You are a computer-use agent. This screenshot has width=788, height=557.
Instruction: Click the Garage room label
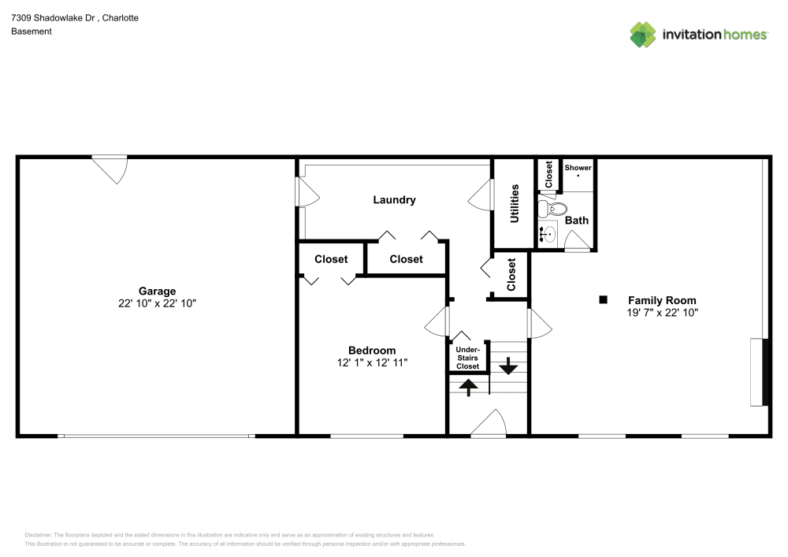(157, 291)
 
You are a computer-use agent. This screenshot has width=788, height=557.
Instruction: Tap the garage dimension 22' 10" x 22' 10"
(157, 303)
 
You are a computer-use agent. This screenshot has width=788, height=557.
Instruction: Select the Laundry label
(394, 200)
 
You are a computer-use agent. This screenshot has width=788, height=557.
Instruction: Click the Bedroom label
(372, 351)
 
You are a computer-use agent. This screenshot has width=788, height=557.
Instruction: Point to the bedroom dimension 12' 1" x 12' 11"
(372, 363)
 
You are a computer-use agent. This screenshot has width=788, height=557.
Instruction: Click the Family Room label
(661, 300)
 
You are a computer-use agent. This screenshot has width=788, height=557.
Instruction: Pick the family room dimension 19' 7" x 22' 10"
(661, 313)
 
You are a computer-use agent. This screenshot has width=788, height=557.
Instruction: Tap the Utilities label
(515, 203)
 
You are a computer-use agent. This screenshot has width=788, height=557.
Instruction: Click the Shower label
(578, 168)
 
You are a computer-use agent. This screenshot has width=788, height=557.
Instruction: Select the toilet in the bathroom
(552, 209)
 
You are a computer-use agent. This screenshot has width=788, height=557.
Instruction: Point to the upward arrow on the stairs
(468, 386)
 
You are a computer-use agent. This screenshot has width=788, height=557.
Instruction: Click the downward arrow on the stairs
(507, 366)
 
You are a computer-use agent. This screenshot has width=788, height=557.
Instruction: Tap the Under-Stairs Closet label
(467, 358)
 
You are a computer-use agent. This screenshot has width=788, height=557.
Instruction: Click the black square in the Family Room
(604, 299)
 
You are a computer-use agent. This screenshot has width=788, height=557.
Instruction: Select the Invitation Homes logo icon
(643, 34)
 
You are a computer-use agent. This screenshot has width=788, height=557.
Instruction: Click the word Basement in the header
(32, 32)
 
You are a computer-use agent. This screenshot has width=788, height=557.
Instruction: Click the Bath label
(576, 221)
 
